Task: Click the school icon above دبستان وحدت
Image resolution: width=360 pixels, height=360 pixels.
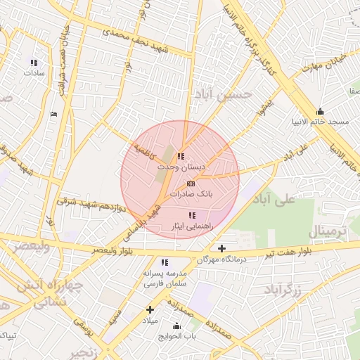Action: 181,157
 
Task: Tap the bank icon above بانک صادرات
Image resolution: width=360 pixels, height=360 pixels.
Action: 191,183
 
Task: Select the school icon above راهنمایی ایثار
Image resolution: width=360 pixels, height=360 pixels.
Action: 191,215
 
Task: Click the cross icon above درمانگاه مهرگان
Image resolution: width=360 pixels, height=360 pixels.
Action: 222,248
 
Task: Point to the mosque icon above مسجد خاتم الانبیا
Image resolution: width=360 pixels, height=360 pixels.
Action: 321,111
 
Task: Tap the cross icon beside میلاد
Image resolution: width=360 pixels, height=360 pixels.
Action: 150,309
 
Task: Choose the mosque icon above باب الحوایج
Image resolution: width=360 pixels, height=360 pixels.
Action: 176,326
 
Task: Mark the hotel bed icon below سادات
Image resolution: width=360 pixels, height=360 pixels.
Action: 54,114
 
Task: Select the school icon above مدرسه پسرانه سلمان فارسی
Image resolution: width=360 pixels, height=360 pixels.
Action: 165,262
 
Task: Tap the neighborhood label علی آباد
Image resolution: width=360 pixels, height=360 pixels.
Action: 274,200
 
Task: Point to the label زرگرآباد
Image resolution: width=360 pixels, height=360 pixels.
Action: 283,289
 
